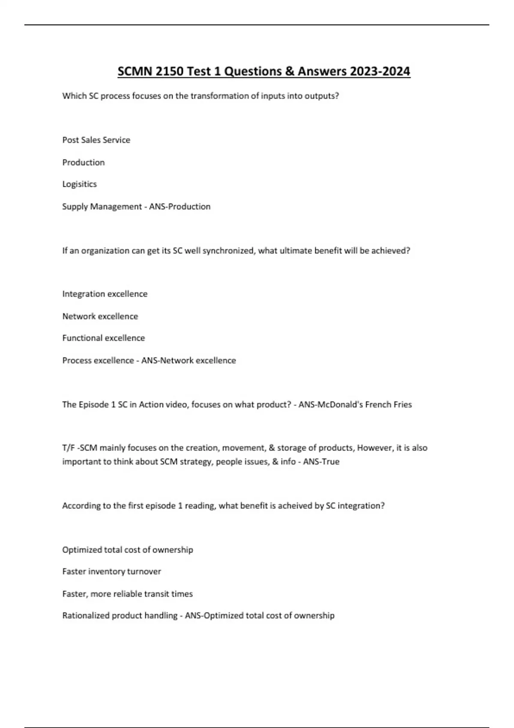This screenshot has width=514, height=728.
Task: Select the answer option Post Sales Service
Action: click(96, 140)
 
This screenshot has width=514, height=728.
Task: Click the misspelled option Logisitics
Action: click(79, 184)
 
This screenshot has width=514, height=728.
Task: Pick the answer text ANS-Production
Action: click(179, 206)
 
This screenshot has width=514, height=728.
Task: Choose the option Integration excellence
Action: click(105, 294)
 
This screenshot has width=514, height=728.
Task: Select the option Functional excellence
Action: click(103, 338)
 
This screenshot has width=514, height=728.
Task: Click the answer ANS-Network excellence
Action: click(188, 361)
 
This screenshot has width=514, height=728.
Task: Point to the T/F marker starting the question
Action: click(68, 448)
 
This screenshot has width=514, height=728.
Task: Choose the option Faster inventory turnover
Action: click(111, 571)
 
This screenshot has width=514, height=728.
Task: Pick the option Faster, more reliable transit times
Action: click(127, 594)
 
